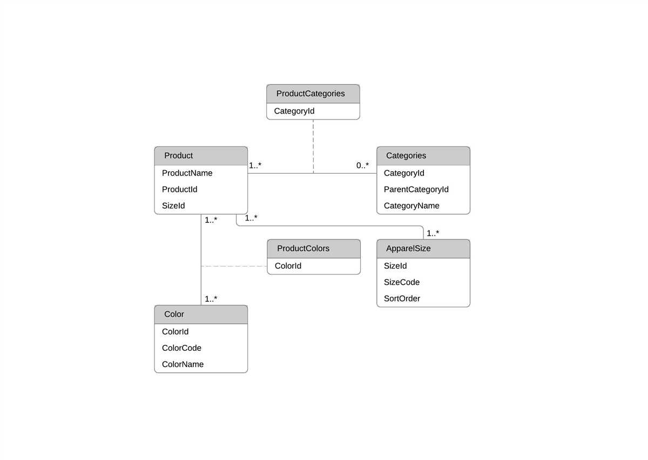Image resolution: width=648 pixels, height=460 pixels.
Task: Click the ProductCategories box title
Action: (310, 94)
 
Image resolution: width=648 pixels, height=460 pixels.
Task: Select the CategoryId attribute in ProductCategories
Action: (294, 111)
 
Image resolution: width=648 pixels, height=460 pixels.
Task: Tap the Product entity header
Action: (179, 156)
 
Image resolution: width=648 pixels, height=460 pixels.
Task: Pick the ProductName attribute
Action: (187, 173)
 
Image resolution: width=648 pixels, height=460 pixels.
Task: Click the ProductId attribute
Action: (180, 189)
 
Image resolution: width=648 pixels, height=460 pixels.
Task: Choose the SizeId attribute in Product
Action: (173, 205)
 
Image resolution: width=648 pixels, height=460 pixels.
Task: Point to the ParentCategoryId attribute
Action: (416, 189)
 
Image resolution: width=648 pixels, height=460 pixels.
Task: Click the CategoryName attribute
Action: (411, 205)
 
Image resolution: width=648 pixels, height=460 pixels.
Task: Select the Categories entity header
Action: (406, 156)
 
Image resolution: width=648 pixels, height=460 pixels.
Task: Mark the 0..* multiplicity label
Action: (362, 165)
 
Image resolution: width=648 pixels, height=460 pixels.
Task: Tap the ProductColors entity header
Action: (303, 248)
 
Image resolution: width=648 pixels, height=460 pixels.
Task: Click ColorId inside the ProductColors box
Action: (288, 266)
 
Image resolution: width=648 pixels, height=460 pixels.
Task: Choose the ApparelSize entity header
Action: (408, 249)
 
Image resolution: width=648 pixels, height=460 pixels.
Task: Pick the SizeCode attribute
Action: (402, 282)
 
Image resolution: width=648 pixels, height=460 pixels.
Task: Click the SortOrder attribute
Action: (402, 298)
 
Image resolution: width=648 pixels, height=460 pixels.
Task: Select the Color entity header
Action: (174, 314)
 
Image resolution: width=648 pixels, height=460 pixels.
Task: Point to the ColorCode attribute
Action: (181, 348)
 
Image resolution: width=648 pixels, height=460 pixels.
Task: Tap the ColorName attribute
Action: (183, 364)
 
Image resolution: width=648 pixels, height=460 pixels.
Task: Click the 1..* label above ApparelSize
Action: (433, 233)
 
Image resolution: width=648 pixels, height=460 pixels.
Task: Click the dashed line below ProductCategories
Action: (313, 146)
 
